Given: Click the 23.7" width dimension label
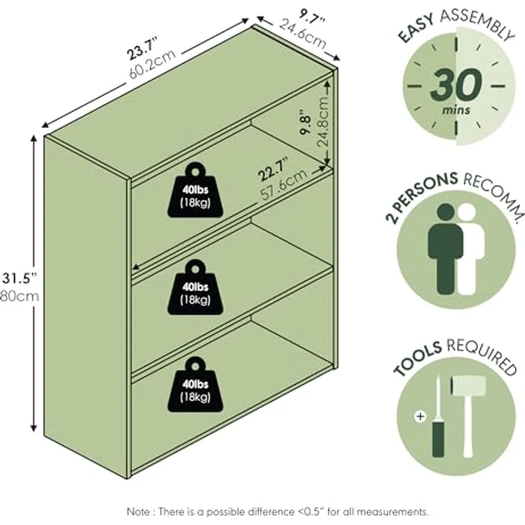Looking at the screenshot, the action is (142, 49).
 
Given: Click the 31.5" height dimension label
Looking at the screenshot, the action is (19, 278).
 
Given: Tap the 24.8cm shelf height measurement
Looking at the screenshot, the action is (322, 121).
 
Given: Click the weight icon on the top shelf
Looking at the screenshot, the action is (195, 190).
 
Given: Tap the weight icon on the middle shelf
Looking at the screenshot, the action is (195, 287).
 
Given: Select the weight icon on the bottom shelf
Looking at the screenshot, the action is (195, 384).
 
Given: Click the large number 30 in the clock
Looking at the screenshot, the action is (456, 84).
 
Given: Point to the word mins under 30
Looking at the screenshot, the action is (456, 109).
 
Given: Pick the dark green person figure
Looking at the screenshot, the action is (445, 249).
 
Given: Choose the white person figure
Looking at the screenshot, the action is (470, 249).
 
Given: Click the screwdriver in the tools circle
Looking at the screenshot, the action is (437, 417).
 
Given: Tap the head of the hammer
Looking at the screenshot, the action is (469, 385).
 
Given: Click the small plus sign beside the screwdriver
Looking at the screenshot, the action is (420, 417).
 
